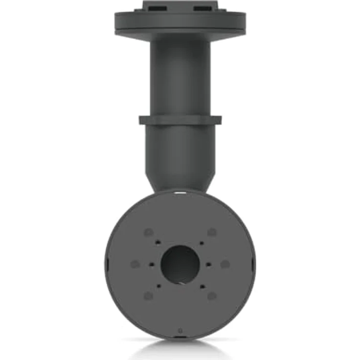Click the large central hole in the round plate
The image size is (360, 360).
point(180,264)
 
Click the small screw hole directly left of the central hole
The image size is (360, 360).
point(151,264)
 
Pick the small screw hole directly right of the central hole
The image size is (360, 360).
point(209,264)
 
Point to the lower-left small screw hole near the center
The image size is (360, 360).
point(158,286)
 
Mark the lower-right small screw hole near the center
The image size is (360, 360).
point(201,286)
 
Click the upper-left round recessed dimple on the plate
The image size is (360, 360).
point(148,232)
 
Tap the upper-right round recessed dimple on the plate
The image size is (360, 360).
point(212,232)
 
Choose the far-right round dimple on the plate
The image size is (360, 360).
point(225,264)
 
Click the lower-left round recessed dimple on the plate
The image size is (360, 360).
point(148,295)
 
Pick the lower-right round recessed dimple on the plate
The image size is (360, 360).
point(212,295)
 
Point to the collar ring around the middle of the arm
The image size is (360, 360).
point(180,119)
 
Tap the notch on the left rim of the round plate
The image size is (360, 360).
point(106,264)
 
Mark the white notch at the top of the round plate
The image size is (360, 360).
point(180,194)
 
